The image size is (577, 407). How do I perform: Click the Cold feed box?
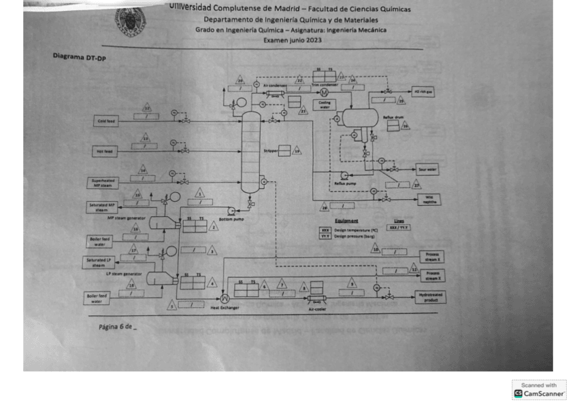106,121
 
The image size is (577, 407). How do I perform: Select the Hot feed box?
106,152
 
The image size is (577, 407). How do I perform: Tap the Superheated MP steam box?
103,183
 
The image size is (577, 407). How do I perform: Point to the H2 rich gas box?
421,90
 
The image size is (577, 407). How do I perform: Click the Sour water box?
427,169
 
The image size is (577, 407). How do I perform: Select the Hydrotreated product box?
430,297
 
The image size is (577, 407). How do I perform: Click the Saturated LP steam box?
101,262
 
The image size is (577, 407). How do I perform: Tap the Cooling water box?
325,104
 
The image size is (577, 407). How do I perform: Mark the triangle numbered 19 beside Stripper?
297,151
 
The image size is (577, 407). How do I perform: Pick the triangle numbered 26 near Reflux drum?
406,126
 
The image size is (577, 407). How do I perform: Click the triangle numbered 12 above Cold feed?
146,107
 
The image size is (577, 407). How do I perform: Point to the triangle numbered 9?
352,284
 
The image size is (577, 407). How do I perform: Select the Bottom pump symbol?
231,210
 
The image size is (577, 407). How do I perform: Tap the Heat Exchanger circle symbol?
225,298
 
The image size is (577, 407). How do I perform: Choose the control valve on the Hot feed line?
184,152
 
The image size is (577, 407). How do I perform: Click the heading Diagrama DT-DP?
80,57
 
